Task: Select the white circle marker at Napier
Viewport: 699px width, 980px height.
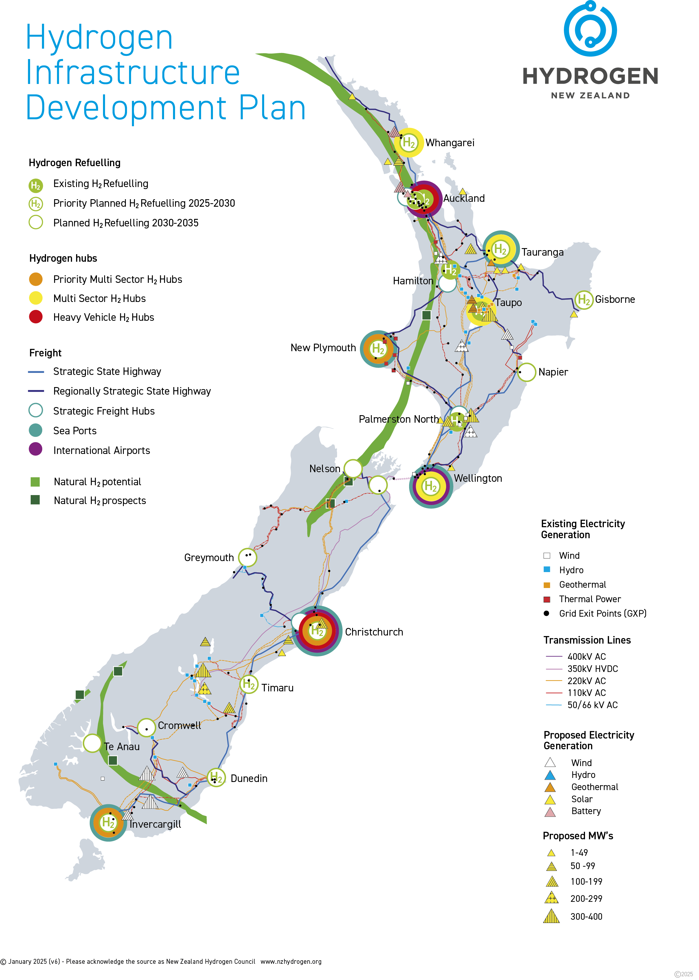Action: (526, 372)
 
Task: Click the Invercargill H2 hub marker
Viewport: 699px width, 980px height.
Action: (108, 823)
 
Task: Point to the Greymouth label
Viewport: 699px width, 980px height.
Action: (209, 558)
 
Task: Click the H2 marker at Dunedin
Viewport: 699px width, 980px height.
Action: (216, 778)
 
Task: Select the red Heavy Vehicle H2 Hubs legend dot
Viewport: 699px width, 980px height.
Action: (36, 317)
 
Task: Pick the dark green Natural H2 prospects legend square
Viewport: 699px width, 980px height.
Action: (35, 500)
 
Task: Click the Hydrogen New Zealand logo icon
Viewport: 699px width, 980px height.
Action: (590, 29)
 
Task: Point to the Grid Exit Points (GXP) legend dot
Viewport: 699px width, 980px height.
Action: (546, 613)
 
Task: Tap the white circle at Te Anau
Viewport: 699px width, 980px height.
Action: (92, 743)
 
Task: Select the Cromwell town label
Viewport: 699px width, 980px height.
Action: (179, 726)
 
